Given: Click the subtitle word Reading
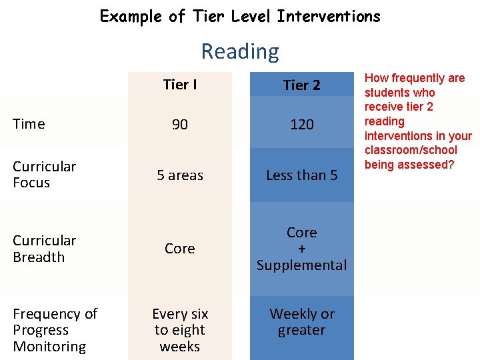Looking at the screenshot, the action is [240, 51].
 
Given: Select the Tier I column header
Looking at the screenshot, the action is [180, 85].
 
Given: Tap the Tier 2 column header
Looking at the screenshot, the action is [301, 85].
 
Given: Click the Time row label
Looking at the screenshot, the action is [29, 124].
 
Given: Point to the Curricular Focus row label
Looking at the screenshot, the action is [44, 175].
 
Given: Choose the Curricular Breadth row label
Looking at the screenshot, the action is [44, 249].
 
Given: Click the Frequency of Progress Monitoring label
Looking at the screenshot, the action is [55, 330].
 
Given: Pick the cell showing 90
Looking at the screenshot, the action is [180, 125].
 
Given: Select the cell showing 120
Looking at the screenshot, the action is [301, 125].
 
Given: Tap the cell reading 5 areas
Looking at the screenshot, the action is [180, 175].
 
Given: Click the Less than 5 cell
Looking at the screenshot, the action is [301, 175].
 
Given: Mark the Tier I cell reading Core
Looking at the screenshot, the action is [180, 249].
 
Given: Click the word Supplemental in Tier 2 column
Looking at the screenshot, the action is [301, 265].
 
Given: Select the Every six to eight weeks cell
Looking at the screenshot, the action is [180, 330].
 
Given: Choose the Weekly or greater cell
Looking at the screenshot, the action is [301, 322].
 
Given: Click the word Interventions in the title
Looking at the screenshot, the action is [329, 16].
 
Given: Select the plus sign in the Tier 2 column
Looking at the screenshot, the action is [301, 249].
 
